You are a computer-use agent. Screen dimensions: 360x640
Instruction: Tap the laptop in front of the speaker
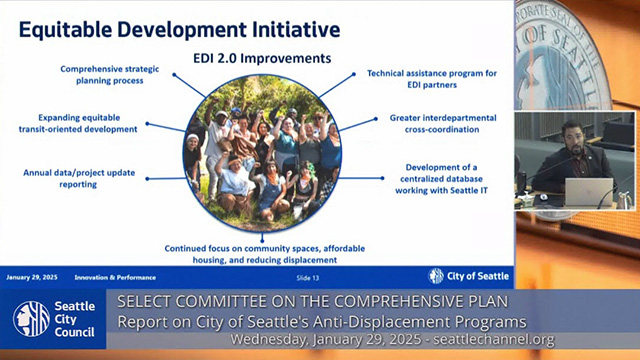click(x=588, y=190)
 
